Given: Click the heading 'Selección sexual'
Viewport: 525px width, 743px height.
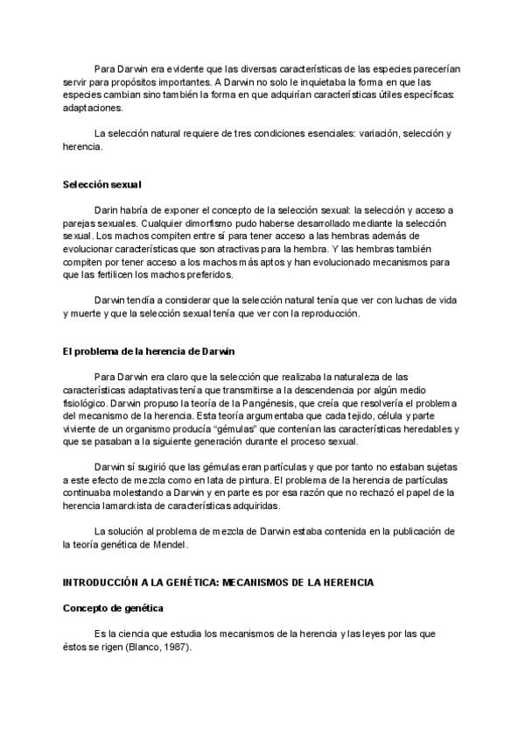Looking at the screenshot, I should [101, 185].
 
